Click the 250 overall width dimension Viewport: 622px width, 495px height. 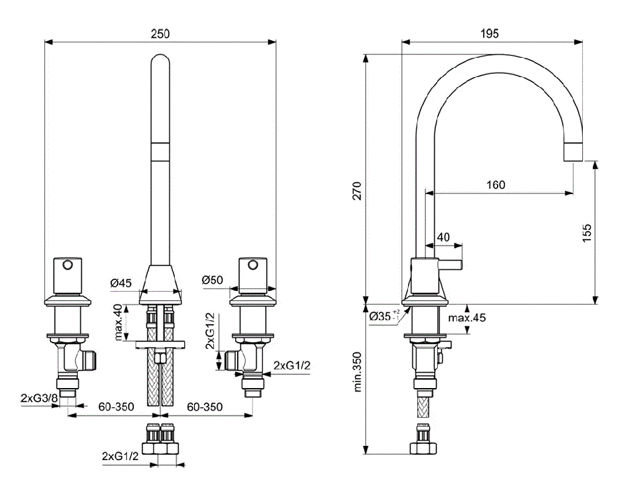[x=160, y=34]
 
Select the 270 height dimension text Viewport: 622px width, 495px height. [x=356, y=193]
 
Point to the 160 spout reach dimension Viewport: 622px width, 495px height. [x=496, y=185]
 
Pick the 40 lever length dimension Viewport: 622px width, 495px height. [x=443, y=236]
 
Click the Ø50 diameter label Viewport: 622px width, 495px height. [x=212, y=280]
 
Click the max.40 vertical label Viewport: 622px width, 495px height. [x=118, y=322]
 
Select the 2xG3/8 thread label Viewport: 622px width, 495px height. [x=39, y=397]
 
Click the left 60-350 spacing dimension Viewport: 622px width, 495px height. [x=116, y=407]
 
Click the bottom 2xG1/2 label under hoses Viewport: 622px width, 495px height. [x=120, y=456]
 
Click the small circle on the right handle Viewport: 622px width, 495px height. [x=252, y=266]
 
